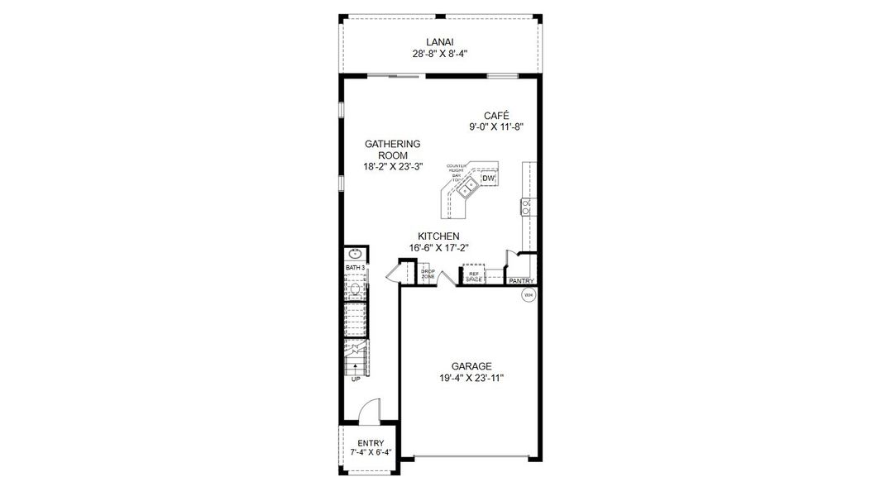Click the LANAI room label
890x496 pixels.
coord(440,42)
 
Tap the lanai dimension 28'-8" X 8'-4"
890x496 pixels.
coord(440,55)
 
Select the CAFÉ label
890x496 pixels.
coord(496,116)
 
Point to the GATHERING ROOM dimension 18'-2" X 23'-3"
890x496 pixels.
coord(393,166)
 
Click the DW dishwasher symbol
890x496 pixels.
coord(488,179)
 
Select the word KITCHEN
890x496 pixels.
coord(438,236)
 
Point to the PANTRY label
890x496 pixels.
coord(521,281)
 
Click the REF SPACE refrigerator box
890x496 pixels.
coord(474,277)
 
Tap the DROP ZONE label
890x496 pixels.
coord(428,274)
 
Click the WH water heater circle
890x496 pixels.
coord(528,294)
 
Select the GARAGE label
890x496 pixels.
coord(471,366)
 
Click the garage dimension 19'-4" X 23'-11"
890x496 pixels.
coord(471,378)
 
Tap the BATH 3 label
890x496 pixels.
coord(355,269)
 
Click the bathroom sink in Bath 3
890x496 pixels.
coord(355,254)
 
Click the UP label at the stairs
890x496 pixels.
coord(356,379)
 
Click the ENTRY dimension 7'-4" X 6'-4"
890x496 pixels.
coord(370,453)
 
